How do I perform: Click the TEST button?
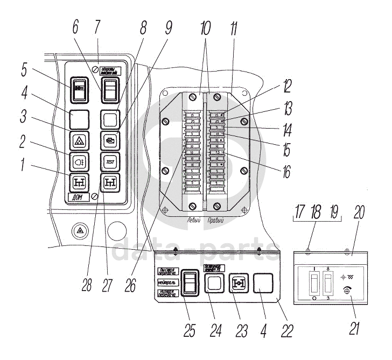click(110, 161)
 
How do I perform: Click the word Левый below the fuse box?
click(189, 220)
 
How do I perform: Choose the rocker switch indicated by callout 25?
click(189, 282)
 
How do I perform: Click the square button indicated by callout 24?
click(215, 284)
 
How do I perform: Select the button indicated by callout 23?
click(239, 284)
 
